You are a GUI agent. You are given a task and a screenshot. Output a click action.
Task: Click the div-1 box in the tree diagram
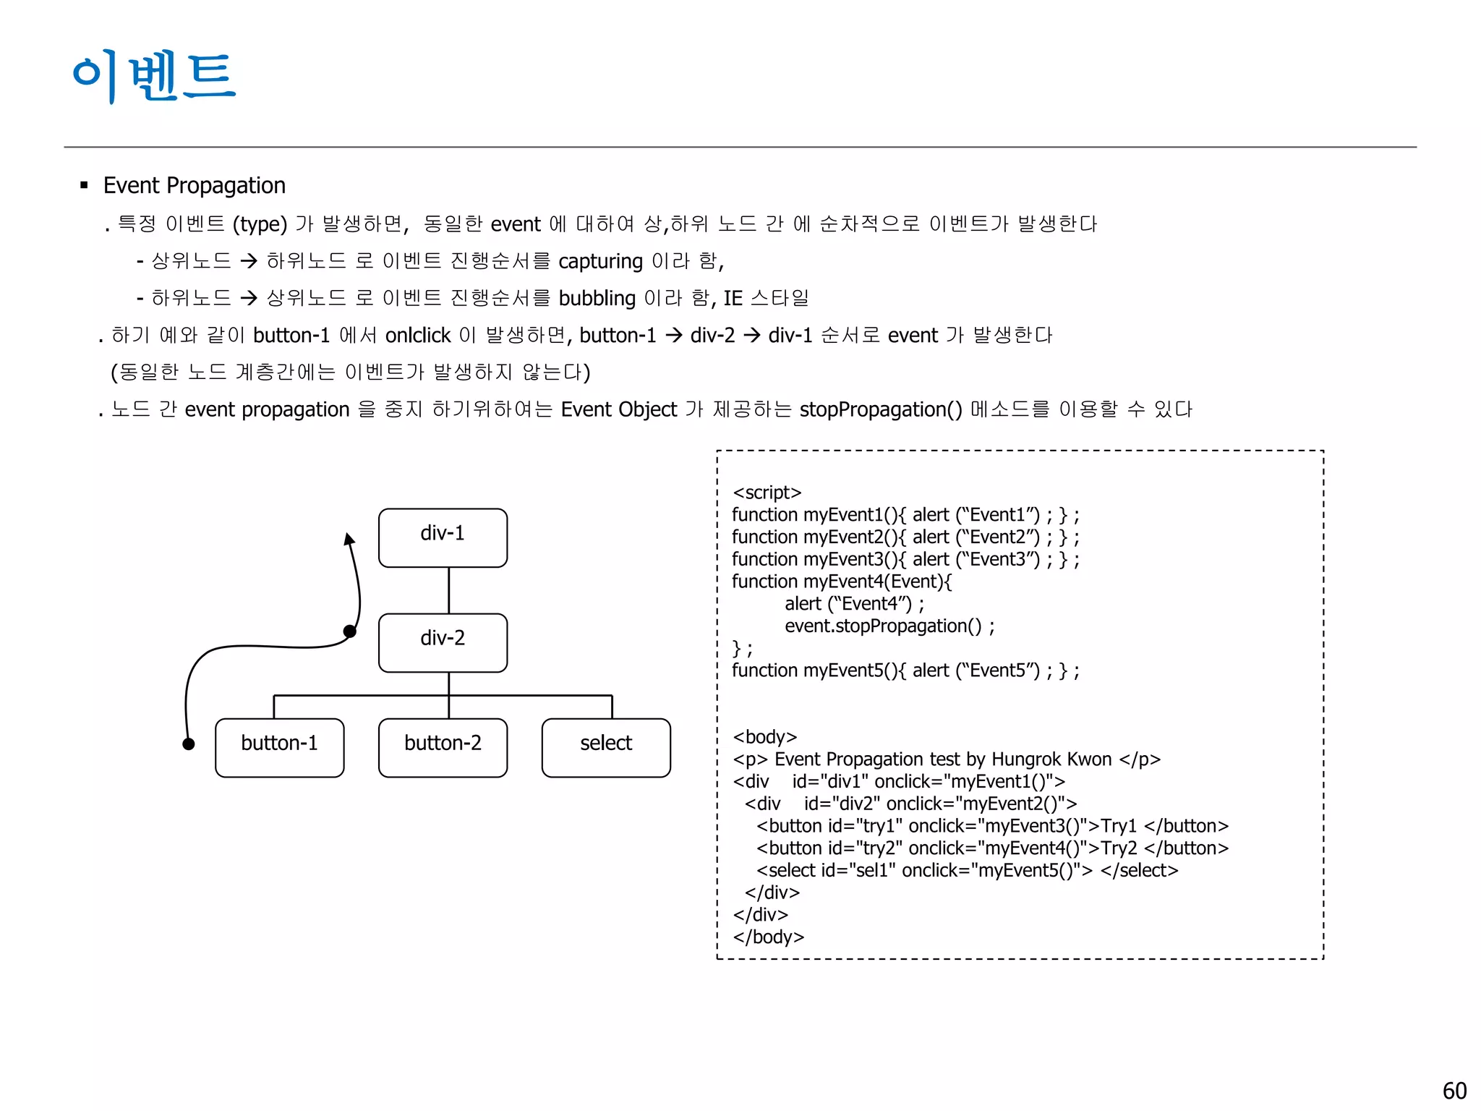coord(443,537)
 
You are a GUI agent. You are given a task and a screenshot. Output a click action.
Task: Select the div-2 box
coord(443,642)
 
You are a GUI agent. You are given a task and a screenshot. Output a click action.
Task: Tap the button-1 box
coord(279,747)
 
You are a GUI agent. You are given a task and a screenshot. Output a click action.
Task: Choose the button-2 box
coord(443,747)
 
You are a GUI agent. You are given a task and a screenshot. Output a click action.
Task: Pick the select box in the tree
coord(606,747)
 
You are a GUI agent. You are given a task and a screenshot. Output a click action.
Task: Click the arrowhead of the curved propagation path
coord(349,539)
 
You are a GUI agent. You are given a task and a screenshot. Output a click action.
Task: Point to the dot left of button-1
coord(189,744)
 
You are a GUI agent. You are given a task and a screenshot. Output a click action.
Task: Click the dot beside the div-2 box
coord(350,631)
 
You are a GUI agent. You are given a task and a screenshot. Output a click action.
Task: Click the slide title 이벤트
coord(154,76)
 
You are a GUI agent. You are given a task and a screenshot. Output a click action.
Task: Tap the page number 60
coord(1454,1090)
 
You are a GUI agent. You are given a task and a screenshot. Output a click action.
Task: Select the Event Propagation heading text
coord(194,186)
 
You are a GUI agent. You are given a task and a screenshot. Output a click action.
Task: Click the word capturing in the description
coord(600,261)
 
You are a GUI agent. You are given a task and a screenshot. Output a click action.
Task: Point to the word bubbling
coord(597,299)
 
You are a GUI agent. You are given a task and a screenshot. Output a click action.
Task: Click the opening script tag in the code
coord(767,493)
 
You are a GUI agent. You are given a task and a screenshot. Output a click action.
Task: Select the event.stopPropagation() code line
coord(889,626)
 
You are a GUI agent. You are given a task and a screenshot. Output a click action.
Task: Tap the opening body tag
coord(764,737)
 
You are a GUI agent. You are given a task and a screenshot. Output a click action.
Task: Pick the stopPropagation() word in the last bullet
coord(880,410)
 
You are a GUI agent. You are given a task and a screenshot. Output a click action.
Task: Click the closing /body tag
coord(768,937)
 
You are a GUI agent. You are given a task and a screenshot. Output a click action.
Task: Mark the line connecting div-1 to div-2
coord(448,590)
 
